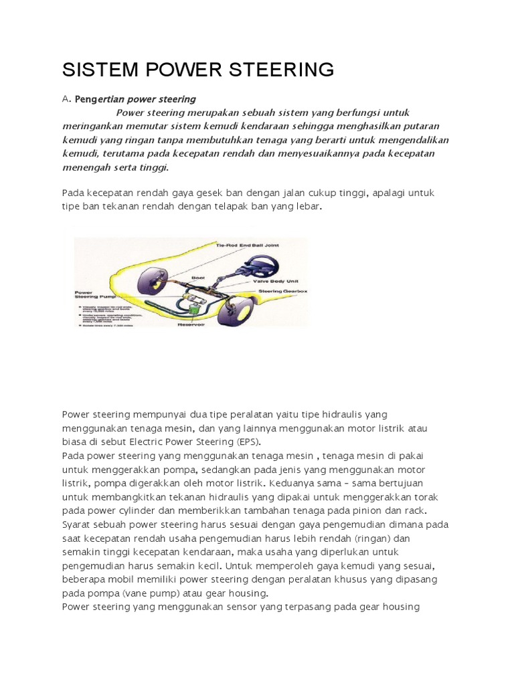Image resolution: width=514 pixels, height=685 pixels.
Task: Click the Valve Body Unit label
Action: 272,282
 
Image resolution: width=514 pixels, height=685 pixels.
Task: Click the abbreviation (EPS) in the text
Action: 247,442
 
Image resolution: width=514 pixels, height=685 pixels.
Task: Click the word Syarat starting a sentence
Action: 76,524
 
